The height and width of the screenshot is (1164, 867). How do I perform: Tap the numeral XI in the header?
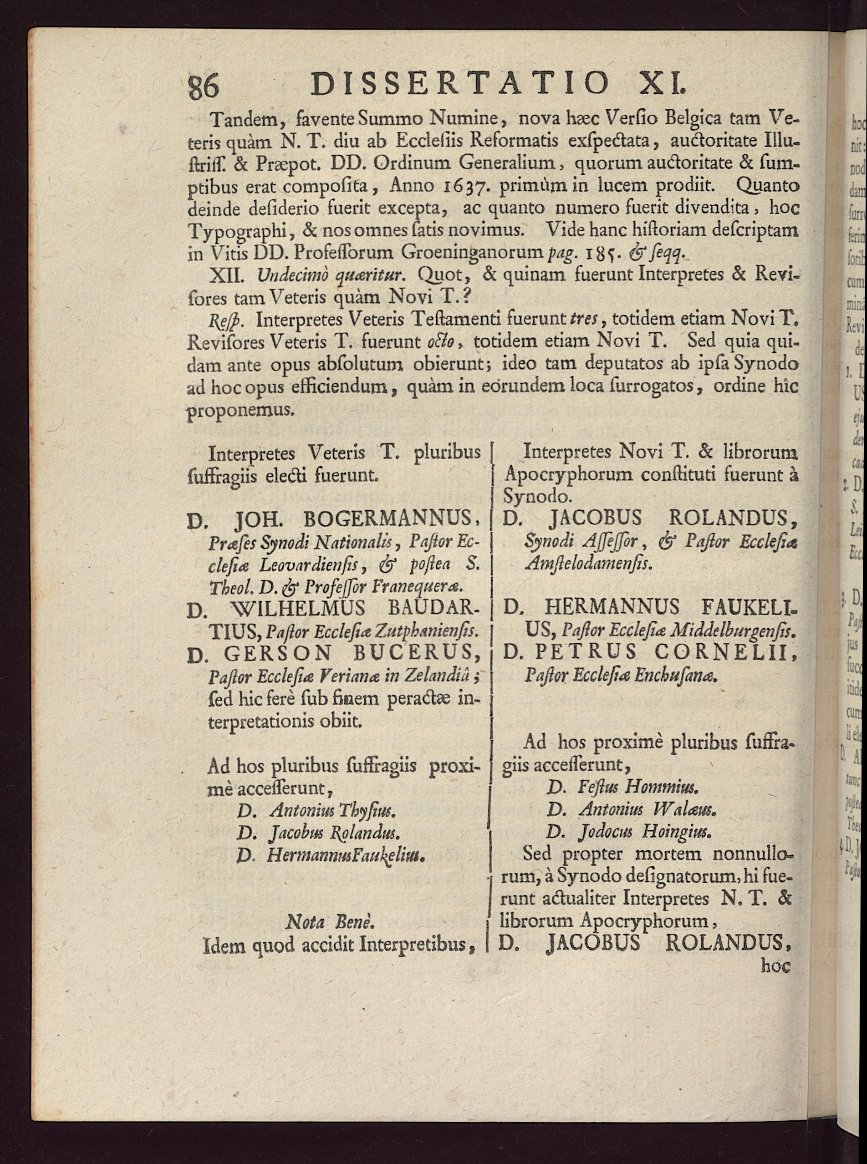(663, 84)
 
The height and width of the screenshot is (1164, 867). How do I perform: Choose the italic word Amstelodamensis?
(588, 564)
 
